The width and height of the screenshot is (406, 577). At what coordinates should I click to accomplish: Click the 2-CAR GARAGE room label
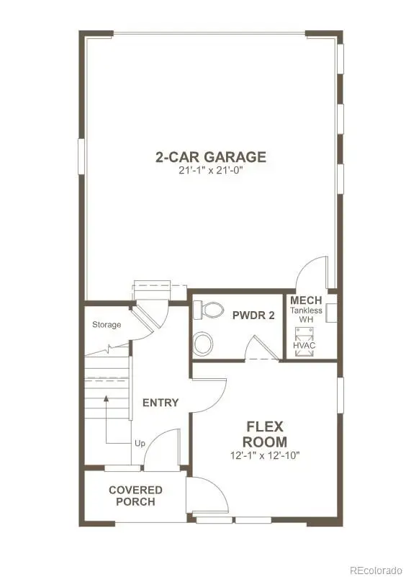pyautogui.click(x=210, y=156)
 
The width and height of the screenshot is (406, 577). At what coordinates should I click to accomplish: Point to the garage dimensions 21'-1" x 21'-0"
pyautogui.click(x=210, y=170)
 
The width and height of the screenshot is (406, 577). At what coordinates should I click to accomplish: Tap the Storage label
pyautogui.click(x=107, y=325)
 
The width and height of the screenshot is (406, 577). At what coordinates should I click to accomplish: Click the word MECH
pyautogui.click(x=306, y=300)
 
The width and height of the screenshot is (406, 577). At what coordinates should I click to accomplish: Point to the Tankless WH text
pyautogui.click(x=306, y=315)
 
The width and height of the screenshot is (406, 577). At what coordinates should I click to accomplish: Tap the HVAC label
pyautogui.click(x=306, y=346)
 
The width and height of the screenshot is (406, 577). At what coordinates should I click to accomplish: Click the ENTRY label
pyautogui.click(x=160, y=403)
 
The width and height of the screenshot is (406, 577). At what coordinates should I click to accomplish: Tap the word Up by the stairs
pyautogui.click(x=140, y=443)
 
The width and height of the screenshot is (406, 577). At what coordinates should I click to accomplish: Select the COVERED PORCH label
pyautogui.click(x=135, y=496)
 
